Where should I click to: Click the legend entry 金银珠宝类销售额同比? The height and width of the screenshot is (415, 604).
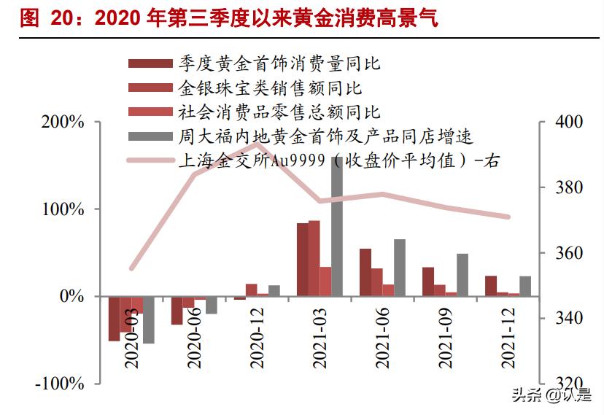pyautogui.click(x=270, y=88)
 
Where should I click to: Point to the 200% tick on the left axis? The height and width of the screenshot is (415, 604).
pyautogui.click(x=63, y=122)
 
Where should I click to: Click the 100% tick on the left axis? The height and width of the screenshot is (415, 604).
pyautogui.click(x=63, y=209)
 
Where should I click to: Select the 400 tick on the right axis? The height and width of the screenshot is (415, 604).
pyautogui.click(x=568, y=122)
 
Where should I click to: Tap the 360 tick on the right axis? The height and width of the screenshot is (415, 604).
pyautogui.click(x=568, y=253)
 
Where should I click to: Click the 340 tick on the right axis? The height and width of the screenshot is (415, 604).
pyautogui.click(x=568, y=318)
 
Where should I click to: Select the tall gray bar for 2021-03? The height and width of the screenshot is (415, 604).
pyautogui.click(x=337, y=226)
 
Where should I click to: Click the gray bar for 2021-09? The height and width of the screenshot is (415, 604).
pyautogui.click(x=462, y=275)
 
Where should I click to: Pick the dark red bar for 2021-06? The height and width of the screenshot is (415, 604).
pyautogui.click(x=365, y=272)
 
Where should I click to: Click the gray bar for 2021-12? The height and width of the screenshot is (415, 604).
pyautogui.click(x=525, y=286)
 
